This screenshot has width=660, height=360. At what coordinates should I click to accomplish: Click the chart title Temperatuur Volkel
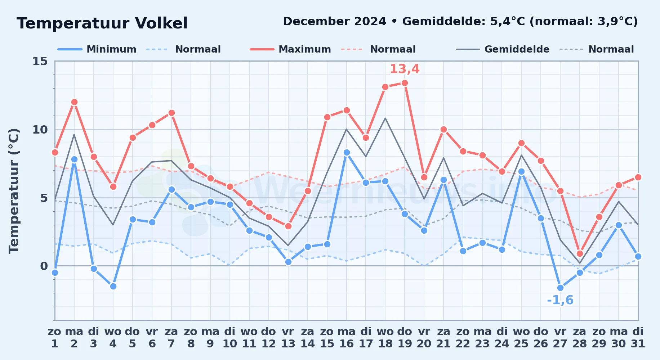[102, 23]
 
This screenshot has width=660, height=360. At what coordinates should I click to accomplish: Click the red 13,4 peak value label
[405, 69]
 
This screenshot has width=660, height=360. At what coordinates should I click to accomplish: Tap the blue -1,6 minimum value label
[560, 300]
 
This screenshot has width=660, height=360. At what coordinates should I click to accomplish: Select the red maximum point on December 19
[405, 83]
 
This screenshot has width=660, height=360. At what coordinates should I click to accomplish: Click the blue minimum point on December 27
[560, 288]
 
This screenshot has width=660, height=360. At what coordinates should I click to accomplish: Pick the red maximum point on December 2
[74, 102]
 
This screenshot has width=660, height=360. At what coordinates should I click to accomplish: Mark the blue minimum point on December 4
[113, 286]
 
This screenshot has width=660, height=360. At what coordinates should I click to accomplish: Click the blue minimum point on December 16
[347, 152]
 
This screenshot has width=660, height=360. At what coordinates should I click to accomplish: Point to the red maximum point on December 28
[580, 253]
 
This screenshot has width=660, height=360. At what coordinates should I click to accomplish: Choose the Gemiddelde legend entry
[503, 49]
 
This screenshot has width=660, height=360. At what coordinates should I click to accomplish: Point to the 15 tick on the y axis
[40, 61]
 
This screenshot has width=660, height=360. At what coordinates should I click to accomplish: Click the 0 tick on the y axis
[44, 266]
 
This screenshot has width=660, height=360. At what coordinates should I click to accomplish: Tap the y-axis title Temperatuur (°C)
[14, 191]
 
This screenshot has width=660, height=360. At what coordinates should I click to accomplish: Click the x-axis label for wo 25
[521, 338]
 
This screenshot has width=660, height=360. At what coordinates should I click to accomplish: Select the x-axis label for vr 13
[288, 338]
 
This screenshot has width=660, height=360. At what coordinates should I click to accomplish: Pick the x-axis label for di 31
[638, 338]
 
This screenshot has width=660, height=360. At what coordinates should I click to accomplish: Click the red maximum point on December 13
[288, 226]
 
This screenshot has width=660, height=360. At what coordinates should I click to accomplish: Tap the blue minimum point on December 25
[521, 171]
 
